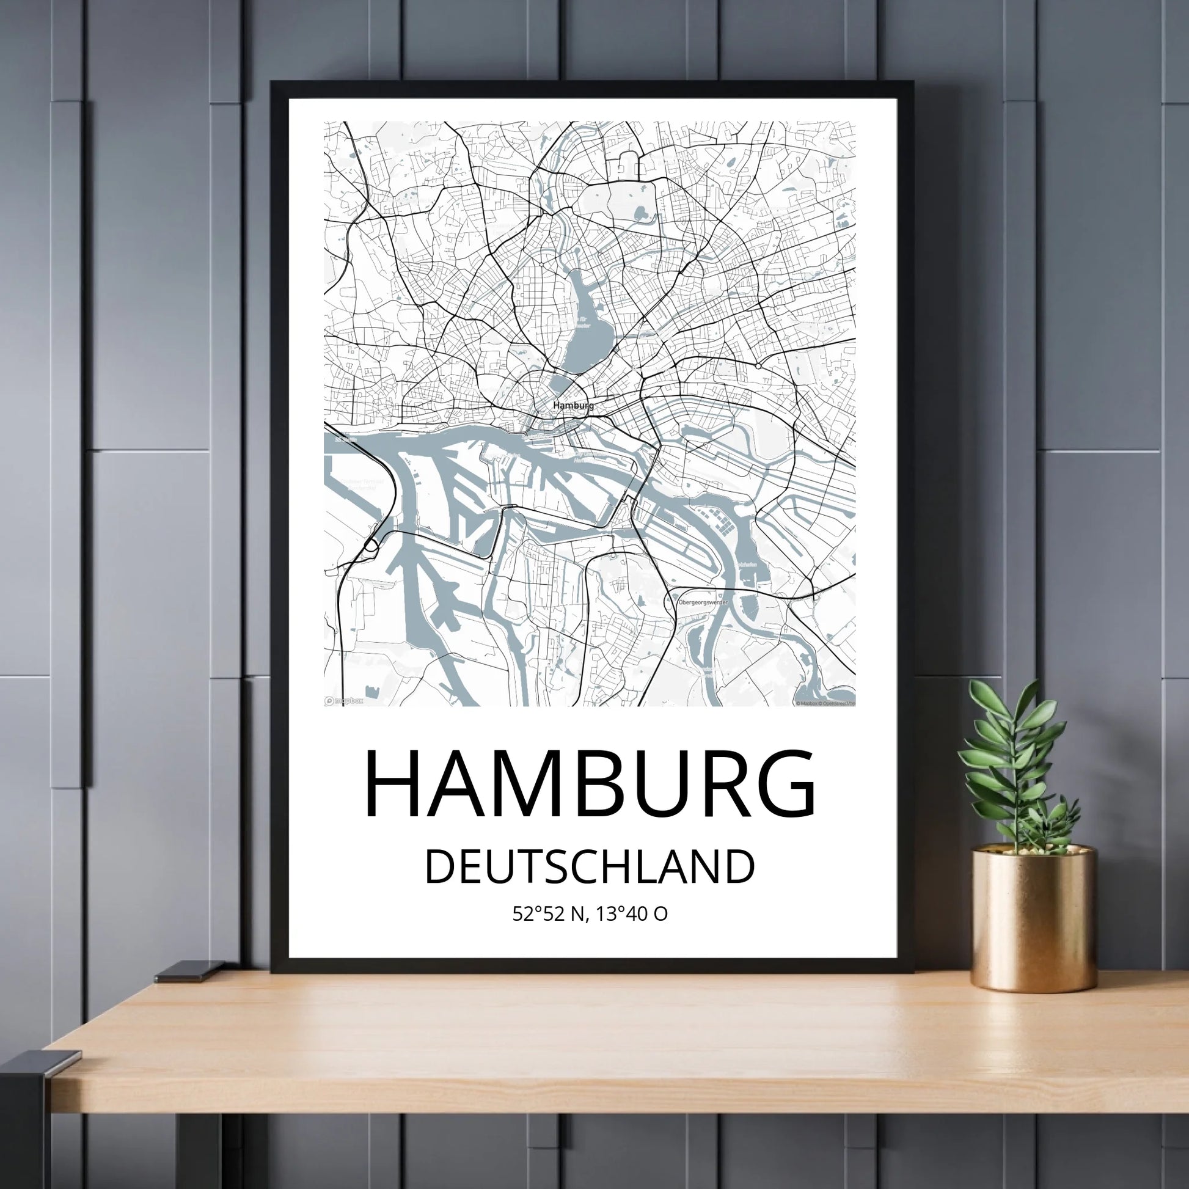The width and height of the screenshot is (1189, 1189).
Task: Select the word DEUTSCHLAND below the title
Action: [590, 867]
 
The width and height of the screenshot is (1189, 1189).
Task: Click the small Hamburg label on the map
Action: [573, 406]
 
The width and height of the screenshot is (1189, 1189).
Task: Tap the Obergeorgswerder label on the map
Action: [702, 602]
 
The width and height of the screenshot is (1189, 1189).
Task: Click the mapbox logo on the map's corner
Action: [344, 700]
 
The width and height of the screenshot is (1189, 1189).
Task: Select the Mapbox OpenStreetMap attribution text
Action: [825, 703]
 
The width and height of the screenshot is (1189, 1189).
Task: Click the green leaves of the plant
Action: [1015, 763]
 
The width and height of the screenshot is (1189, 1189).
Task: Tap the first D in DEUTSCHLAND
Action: [438, 867]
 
